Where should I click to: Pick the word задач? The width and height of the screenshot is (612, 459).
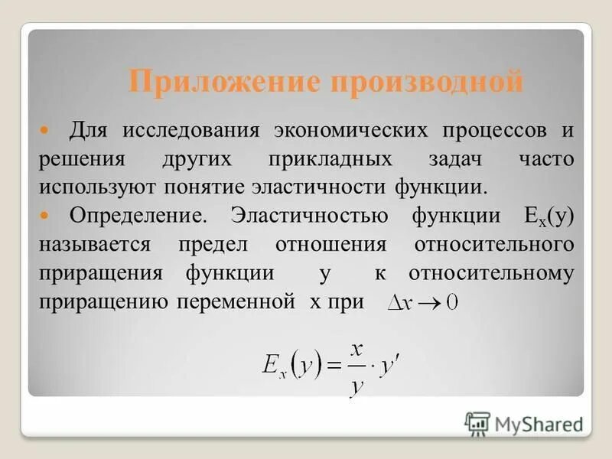(448, 158)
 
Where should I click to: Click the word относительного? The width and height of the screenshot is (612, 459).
(493, 245)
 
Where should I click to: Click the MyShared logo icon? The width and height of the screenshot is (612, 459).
(477, 423)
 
